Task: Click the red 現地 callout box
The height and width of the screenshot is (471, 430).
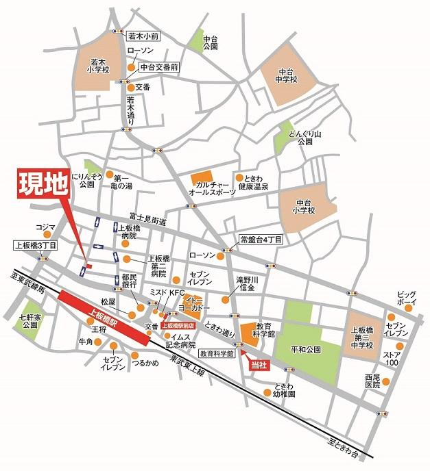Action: point(43,183)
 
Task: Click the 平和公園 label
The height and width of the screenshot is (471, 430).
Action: point(306,348)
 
